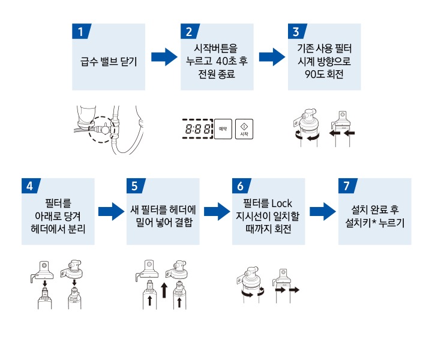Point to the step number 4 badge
coord(29,186)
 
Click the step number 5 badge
coord(134,186)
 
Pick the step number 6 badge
coord(240,186)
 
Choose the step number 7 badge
coord(346,186)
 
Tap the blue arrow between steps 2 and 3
coord(271,58)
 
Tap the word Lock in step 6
coord(281,204)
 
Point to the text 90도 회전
coord(324,74)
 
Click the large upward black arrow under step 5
coord(164,291)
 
